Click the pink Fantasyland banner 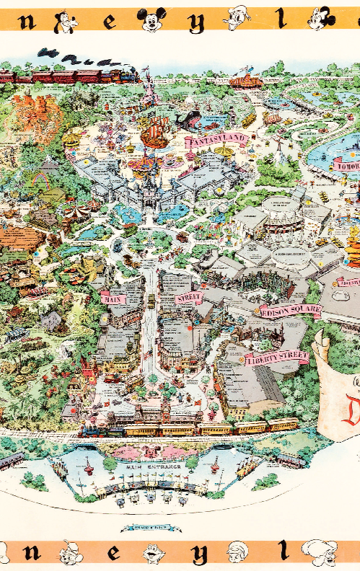pyautogui.click(x=216, y=138)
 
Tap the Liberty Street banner pyautogui.click(x=276, y=357)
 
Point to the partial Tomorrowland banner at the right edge pyautogui.click(x=346, y=165)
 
